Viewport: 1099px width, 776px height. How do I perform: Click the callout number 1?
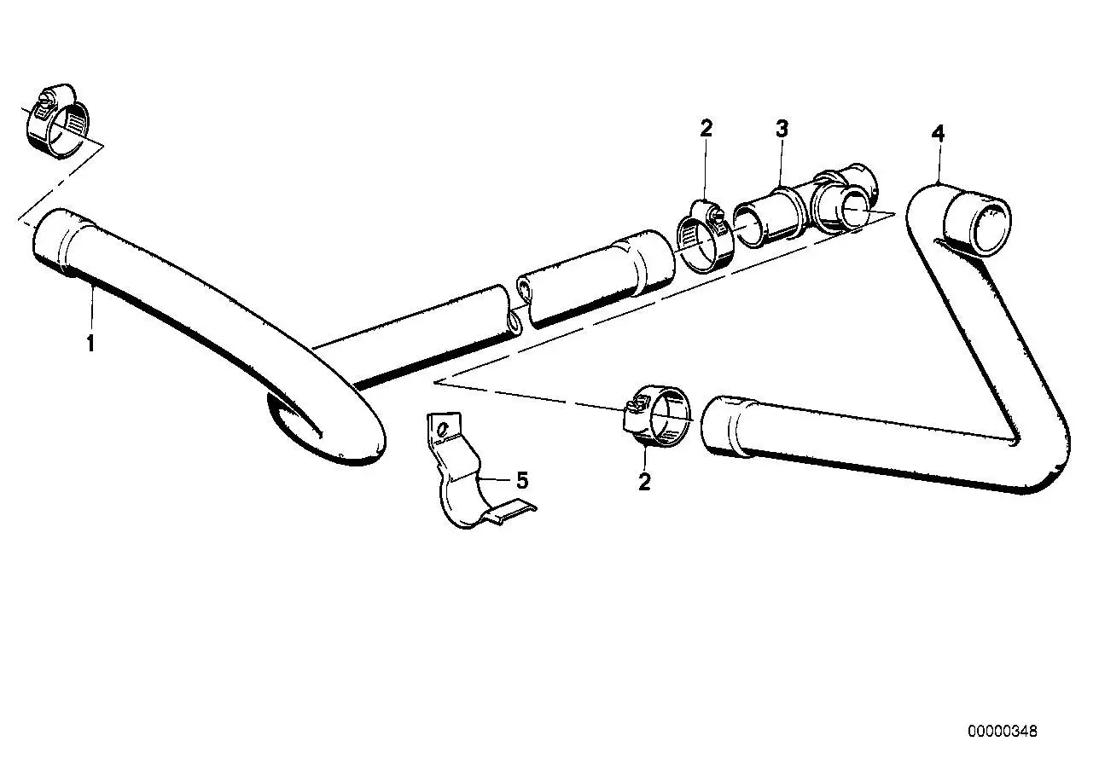(90, 343)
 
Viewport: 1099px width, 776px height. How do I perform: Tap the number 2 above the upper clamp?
(706, 129)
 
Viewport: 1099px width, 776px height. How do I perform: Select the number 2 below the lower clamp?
(644, 482)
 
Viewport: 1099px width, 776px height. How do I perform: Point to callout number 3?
(782, 129)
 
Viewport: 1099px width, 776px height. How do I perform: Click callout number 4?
(938, 134)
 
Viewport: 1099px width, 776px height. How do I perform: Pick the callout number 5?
(522, 480)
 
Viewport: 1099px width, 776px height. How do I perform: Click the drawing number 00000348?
(1003, 732)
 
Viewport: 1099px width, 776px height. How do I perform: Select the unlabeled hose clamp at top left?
(58, 120)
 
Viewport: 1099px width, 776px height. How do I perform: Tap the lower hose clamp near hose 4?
(656, 417)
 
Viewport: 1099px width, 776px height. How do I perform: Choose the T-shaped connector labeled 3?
(805, 206)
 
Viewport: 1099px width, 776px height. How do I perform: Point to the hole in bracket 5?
(443, 430)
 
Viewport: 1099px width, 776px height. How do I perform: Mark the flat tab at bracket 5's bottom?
(510, 512)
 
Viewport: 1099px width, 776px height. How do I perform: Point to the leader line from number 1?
(92, 308)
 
